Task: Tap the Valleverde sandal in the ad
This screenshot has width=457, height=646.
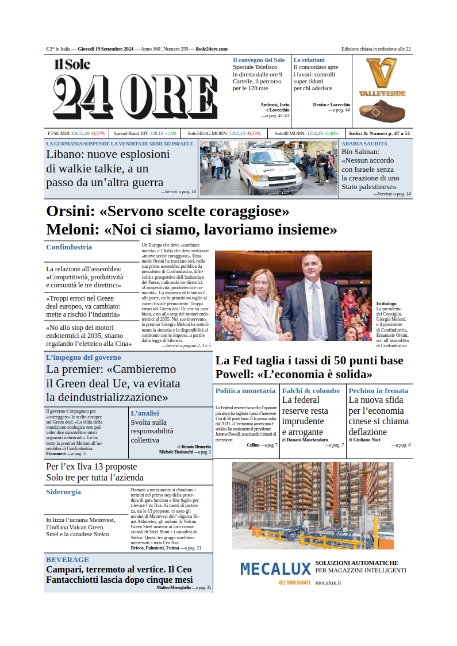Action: tap(381, 109)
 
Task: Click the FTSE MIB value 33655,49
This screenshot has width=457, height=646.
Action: tap(80, 133)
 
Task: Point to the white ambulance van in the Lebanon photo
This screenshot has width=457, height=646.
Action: tap(270, 171)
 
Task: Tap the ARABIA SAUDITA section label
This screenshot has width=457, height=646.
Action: tap(364, 144)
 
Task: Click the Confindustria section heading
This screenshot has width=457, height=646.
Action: tap(69, 247)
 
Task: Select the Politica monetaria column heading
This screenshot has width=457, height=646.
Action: tap(245, 391)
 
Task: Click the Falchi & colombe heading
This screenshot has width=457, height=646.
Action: tap(311, 391)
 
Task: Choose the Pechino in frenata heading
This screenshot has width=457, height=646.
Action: tap(378, 391)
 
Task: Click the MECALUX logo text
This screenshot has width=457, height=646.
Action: tap(275, 569)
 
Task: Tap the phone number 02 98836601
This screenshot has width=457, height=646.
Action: tap(295, 583)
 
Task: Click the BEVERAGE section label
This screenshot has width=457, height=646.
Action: tap(67, 559)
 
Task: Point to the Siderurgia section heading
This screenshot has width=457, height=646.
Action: tap(63, 492)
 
